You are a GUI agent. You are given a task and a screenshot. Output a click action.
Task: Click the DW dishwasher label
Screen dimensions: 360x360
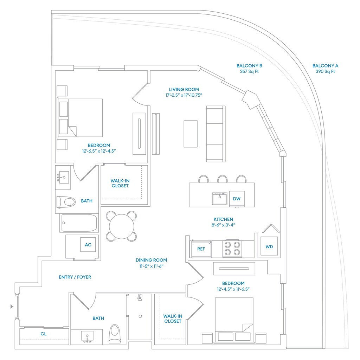coord(237,199)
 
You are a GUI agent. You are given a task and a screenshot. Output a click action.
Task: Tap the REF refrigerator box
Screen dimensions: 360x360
coord(201,249)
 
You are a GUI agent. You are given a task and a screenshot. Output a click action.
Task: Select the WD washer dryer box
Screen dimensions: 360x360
coord(269,246)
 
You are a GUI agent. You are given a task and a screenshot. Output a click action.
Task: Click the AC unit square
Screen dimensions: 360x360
coord(88,245)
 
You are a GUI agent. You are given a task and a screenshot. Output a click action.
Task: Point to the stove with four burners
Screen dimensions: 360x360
coord(232,248)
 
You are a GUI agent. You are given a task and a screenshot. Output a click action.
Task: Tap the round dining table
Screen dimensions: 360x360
coord(121,226)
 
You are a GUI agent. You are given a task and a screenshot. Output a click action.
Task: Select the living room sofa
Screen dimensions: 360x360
coord(215,134)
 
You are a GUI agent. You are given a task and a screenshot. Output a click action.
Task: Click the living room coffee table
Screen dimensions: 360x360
coord(190,134)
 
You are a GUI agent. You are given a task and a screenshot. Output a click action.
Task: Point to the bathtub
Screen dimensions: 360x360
coord(79,223)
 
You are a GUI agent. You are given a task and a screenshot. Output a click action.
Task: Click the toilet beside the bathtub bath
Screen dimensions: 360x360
coord(66,202)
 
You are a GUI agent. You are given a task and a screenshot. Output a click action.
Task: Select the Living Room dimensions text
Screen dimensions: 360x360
coord(184,95)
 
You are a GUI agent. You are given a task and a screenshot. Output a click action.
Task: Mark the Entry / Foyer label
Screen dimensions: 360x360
coord(75,277)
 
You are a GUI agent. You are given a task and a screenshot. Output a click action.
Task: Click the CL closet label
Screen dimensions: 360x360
coord(44,334)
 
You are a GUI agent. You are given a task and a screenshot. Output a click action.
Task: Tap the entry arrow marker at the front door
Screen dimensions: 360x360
coord(12,307)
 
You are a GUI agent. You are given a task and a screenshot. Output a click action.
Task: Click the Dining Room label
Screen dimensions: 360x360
coord(151,260)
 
